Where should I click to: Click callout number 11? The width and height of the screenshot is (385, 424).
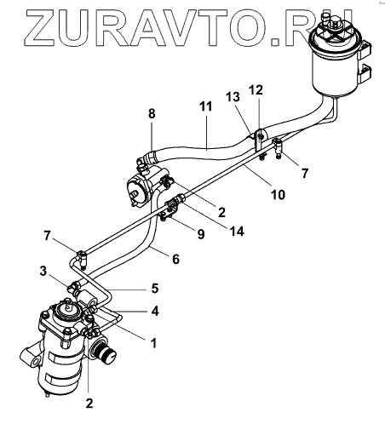tap(205, 106)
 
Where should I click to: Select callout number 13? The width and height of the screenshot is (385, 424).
tap(233, 97)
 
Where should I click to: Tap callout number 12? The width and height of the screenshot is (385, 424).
tap(256, 90)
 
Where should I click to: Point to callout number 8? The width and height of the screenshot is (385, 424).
tap(152, 113)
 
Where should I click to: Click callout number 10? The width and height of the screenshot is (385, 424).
tap(278, 195)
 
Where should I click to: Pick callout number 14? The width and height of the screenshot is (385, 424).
tap(237, 232)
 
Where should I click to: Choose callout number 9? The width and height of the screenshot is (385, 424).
tap(201, 234)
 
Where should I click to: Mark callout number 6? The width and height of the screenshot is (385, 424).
tap(175, 259)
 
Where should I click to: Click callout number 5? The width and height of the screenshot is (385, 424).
tap(155, 288)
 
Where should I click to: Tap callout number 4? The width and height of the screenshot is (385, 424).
tap(155, 312)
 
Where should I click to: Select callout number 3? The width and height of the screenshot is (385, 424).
tap(43, 271)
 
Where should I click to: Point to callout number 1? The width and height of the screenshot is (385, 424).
tap(153, 343)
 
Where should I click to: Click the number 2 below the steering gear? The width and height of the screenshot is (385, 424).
tap(89, 403)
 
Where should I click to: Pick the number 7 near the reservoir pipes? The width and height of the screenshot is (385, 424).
tap(305, 173)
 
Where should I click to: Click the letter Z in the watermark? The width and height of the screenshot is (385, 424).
tap(39, 27)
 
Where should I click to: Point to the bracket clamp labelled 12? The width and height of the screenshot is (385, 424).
tap(259, 140)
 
